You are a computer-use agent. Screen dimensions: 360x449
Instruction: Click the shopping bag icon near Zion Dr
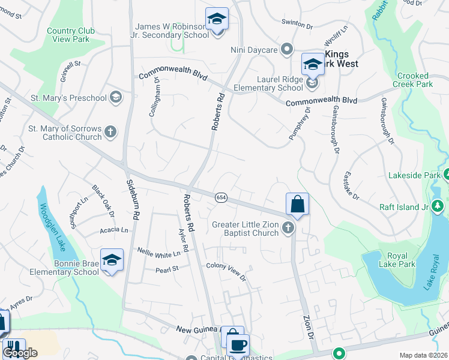pos(297,204)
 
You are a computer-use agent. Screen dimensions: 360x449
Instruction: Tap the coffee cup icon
pos(238,345)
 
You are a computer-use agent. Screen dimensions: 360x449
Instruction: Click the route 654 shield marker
pos(220,197)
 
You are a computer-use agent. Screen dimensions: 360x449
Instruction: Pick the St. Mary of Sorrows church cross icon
pos(110,132)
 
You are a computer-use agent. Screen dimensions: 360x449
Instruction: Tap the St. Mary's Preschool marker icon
pos(115,97)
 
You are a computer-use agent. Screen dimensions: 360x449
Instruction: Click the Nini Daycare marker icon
pos(287,49)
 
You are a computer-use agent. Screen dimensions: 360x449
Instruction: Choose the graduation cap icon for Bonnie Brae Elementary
pos(112,260)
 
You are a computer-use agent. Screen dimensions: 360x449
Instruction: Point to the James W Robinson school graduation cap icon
pos(217,19)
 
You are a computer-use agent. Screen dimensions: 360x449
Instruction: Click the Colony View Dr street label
pos(226,271)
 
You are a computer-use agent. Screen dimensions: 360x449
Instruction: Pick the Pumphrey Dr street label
pos(300,124)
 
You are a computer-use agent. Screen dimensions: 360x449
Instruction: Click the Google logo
pos(20,353)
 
